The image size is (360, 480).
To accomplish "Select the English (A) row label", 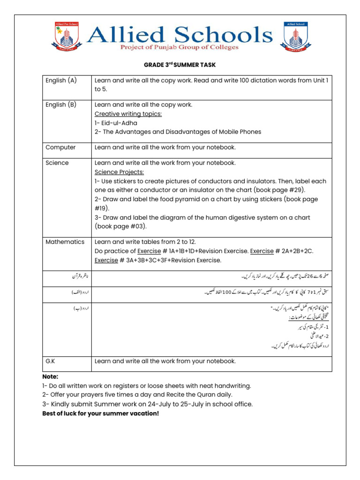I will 61,81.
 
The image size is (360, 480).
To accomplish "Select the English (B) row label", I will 61,105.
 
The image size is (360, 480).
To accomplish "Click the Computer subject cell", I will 60,147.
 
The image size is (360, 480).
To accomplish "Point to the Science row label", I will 57,163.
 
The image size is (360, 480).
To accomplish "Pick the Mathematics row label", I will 65,242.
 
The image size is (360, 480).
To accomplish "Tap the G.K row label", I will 51,361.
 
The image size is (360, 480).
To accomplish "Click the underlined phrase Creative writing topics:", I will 128,114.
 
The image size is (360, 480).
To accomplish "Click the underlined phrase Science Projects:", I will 119,172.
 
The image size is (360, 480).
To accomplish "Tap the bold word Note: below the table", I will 50,376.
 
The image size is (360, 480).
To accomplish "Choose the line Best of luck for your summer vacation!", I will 100,413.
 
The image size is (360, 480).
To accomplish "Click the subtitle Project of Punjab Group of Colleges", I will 180,47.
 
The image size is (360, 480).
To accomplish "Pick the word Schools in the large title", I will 225,34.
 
